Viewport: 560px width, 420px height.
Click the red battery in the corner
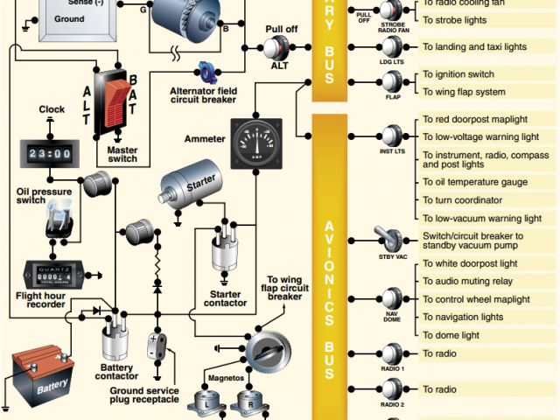[41, 375]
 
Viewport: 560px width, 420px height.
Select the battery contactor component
[115, 336]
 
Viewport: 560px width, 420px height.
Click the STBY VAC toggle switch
[390, 239]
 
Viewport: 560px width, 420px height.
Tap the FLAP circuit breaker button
[391, 82]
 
